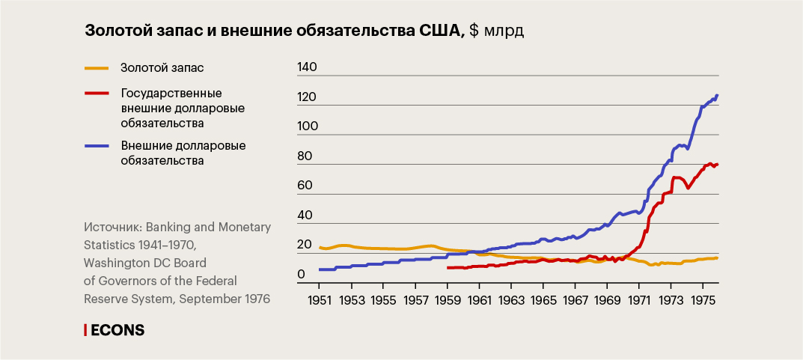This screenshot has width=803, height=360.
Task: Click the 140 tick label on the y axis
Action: (x=308, y=67)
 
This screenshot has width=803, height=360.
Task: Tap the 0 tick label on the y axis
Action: (x=302, y=275)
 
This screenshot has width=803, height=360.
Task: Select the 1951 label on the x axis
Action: (x=320, y=300)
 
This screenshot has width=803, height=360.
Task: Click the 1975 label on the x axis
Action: (x=702, y=300)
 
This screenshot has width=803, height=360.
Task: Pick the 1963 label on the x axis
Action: (x=510, y=300)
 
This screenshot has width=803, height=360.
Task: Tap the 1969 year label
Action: (x=606, y=300)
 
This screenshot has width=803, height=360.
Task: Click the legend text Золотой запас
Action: (x=162, y=68)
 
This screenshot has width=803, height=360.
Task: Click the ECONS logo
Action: (x=115, y=329)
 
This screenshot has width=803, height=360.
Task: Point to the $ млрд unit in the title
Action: (x=497, y=31)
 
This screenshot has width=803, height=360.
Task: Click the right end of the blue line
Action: (x=717, y=96)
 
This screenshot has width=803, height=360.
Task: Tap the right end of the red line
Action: (x=717, y=164)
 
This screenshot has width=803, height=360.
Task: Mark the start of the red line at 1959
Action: (x=448, y=267)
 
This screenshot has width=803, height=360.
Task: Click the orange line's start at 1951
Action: (x=320, y=248)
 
